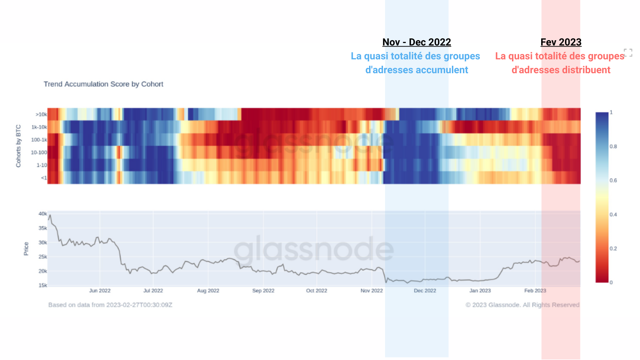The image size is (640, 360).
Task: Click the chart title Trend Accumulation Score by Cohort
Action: coord(103,84)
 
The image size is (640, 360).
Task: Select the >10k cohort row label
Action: coord(41,114)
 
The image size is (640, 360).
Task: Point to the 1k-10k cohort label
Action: coord(39,127)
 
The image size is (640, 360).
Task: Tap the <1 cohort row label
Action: coord(44,178)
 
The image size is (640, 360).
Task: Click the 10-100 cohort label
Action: coord(39,152)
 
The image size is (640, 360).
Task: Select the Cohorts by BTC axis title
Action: coord(18,146)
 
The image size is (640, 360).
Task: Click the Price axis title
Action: coord(26,248)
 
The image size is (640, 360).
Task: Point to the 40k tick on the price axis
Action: coord(43,214)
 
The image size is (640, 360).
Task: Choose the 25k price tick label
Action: coord(43,257)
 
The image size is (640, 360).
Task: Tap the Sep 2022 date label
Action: coord(263,291)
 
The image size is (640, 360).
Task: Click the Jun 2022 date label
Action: coord(100,291)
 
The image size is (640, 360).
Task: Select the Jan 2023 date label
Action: coord(480,291)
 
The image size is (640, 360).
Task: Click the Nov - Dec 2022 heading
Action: coord(416,42)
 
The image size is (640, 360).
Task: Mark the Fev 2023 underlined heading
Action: coord(561,42)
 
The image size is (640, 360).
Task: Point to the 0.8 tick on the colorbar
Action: coord(613,146)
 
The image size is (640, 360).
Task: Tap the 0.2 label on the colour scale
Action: coord(613,248)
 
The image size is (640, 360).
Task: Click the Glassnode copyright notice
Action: coord(522,305)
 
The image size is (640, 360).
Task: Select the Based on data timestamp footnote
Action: coord(110,305)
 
